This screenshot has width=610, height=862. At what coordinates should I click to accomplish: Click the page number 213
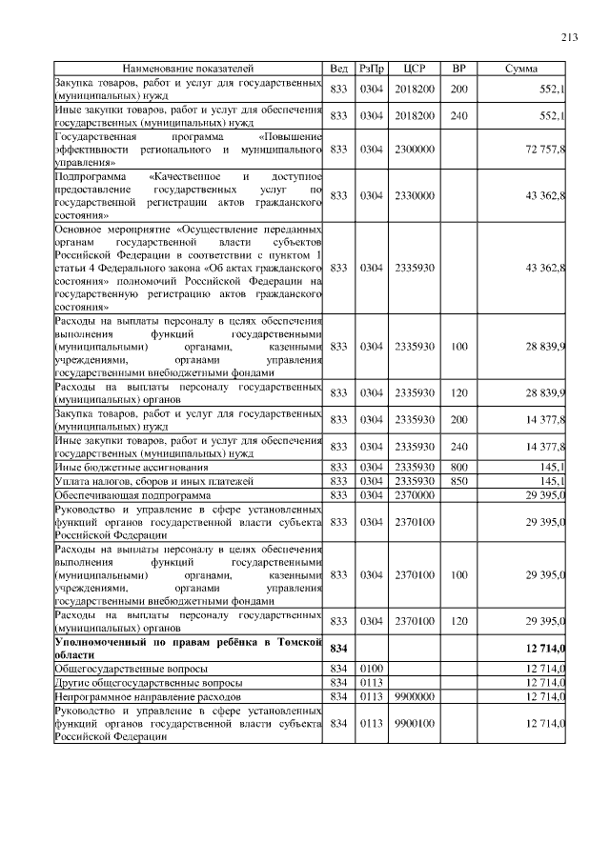570,37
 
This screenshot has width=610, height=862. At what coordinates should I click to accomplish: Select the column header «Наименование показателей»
189,69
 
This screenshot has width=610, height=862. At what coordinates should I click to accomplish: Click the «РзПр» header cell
371,69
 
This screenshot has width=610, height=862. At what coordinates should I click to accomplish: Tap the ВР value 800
458,467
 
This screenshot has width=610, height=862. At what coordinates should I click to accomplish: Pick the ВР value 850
458,481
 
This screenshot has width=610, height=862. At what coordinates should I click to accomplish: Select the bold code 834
338,648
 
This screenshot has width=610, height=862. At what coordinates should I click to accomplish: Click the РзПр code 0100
371,669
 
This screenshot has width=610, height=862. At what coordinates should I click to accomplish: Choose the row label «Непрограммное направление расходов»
144,697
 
